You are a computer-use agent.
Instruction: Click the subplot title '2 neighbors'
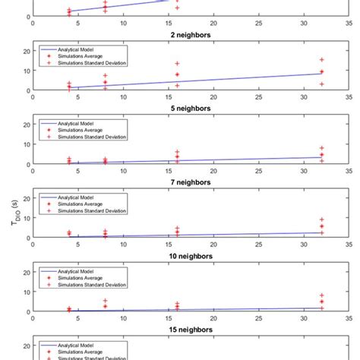click(190, 35)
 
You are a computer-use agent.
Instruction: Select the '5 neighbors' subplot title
click(190, 109)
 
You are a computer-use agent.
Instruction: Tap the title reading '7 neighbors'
click(190, 182)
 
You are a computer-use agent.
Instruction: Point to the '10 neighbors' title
click(190, 256)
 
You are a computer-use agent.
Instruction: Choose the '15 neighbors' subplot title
click(190, 330)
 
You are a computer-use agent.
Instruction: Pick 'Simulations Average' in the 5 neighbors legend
click(77, 129)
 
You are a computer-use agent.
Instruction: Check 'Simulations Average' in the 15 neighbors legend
click(77, 350)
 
